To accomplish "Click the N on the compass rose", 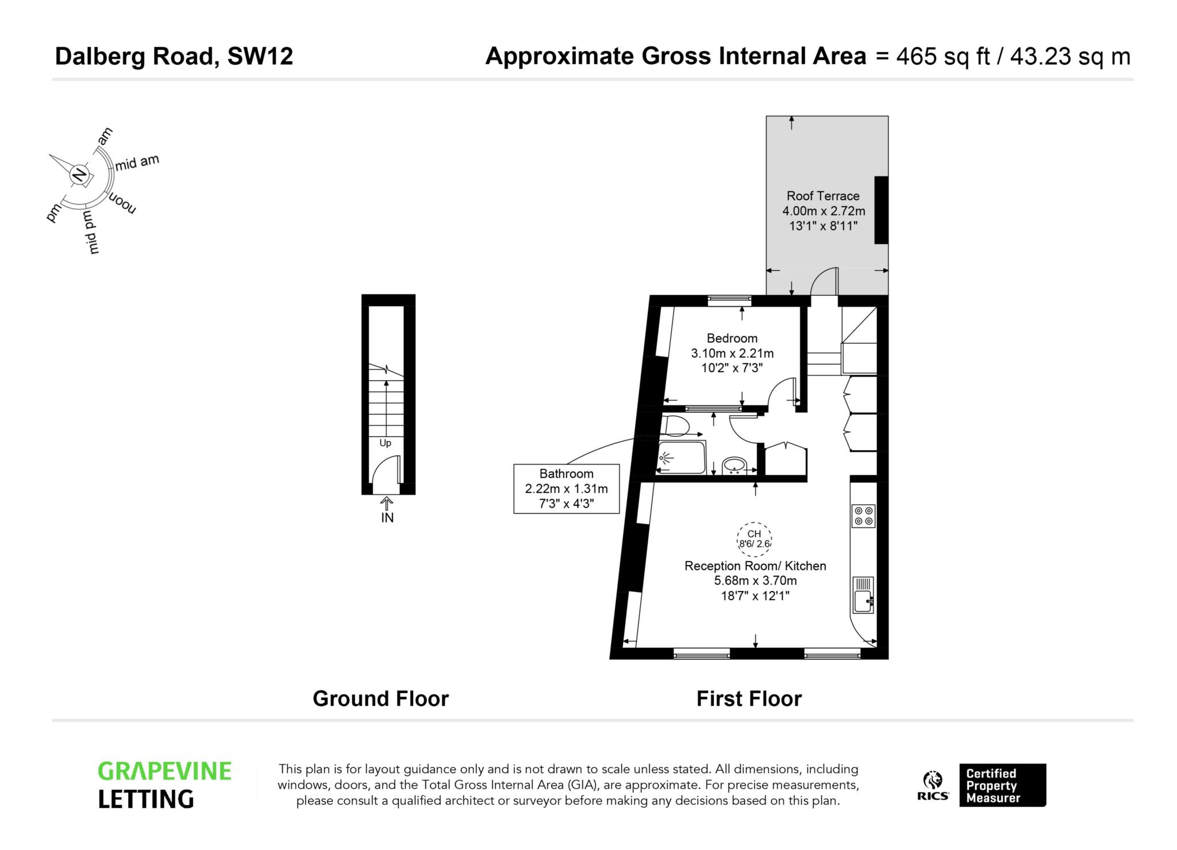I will [80, 174].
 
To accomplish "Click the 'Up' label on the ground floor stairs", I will [385, 443].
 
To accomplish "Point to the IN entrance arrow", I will [387, 504].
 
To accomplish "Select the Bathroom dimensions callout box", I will [566, 489].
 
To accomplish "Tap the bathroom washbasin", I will [734, 465].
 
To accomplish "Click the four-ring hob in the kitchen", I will [863, 516].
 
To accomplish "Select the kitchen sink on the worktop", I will [863, 595].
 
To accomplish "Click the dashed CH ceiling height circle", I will [754, 539].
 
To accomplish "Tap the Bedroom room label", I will [732, 338].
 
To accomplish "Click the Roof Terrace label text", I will [822, 196].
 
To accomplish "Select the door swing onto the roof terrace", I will [824, 281].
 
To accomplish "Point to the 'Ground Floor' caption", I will [380, 699].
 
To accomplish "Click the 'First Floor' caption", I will [749, 699].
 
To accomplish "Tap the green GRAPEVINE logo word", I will [164, 771].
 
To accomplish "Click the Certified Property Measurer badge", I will [1002, 785].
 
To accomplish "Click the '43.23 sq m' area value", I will [1070, 56].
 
